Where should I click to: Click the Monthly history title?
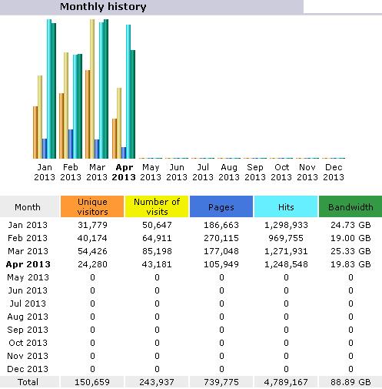[x=103, y=7]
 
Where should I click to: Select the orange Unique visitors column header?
[x=92, y=206]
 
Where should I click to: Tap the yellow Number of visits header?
[x=157, y=206]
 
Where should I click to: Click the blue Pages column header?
[x=221, y=206]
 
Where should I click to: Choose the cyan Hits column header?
[x=286, y=206]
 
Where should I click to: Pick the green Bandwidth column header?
[x=350, y=206]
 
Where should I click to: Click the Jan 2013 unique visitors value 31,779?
[x=92, y=225]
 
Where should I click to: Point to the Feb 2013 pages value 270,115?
[x=221, y=238]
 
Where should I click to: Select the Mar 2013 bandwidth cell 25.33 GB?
[x=350, y=251]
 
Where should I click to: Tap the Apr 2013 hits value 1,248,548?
[x=286, y=264]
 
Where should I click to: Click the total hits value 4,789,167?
[x=286, y=382]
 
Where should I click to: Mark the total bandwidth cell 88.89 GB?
[x=350, y=382]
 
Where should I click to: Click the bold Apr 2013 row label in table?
[x=28, y=264]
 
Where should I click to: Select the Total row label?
[x=28, y=382]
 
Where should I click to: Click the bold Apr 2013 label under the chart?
[x=124, y=173]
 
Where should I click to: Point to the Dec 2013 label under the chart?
[x=334, y=173]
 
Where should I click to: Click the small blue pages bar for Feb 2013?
[x=71, y=144]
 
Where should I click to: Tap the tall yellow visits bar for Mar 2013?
[x=92, y=89]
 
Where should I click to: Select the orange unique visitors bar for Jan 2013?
[x=35, y=132]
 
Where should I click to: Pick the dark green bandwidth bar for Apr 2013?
[x=133, y=104]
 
